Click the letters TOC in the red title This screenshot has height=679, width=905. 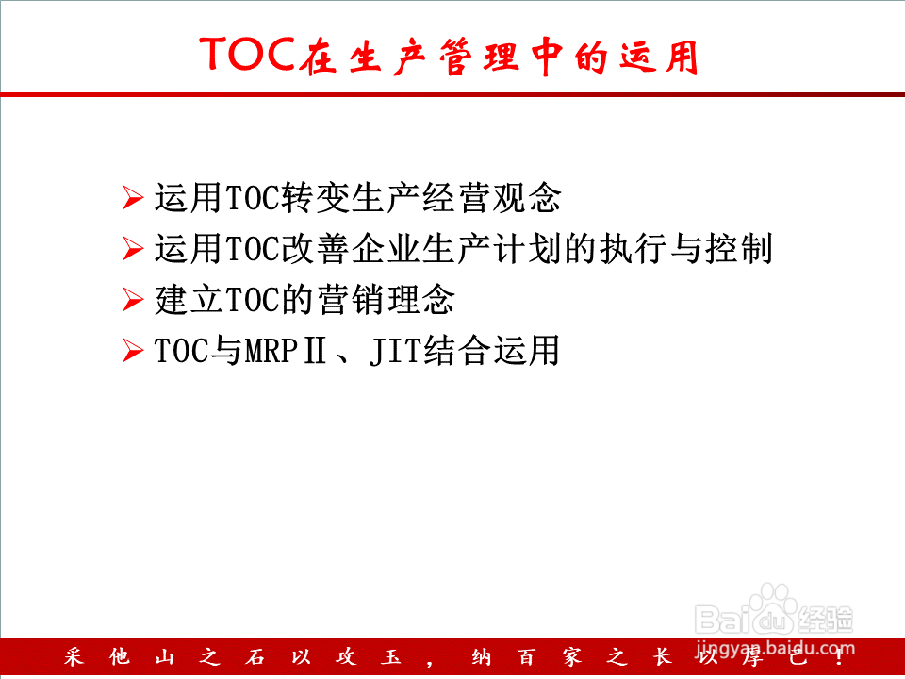pyautogui.click(x=249, y=55)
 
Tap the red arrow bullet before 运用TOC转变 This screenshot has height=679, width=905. pyautogui.click(x=133, y=198)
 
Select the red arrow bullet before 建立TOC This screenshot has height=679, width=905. pyautogui.click(x=133, y=300)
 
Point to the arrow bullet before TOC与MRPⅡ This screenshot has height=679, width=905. pyautogui.click(x=133, y=351)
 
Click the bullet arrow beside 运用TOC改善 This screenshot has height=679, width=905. pyautogui.click(x=133, y=249)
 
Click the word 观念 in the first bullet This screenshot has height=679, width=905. pyautogui.click(x=526, y=198)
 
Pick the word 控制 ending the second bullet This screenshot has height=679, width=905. pyautogui.click(x=738, y=249)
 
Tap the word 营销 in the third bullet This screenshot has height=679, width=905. pyautogui.click(x=352, y=300)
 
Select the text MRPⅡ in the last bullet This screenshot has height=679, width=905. pyautogui.click(x=286, y=351)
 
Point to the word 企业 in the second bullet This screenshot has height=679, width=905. pyautogui.click(x=386, y=249)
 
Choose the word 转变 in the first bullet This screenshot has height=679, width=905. pyautogui.click(x=314, y=198)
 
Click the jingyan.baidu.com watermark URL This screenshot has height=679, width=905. pyautogui.click(x=775, y=648)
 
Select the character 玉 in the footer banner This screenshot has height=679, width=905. pyautogui.click(x=391, y=657)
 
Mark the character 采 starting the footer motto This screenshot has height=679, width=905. pyautogui.click(x=74, y=657)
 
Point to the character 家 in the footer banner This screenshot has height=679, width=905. pyautogui.click(x=572, y=657)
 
